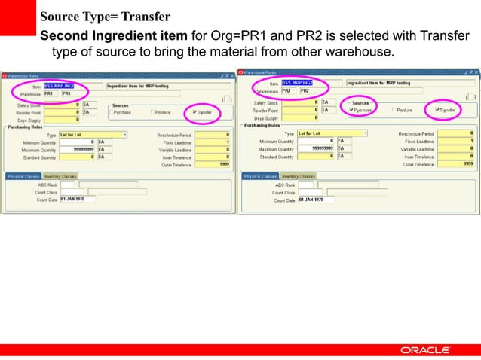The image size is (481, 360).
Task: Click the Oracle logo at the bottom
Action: (426, 350)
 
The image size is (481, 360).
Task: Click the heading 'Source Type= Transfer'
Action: (105, 17)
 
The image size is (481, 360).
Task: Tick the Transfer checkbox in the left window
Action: (195, 112)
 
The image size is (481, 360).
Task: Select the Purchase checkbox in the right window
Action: (351, 110)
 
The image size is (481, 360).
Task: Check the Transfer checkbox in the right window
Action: (437, 110)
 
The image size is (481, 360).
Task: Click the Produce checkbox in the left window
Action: (154, 112)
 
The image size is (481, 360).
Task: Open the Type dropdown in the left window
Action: (124, 134)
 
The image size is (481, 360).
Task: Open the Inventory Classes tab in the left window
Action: (60, 176)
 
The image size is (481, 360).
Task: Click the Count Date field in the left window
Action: (78, 199)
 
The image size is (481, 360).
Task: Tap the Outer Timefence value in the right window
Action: (467, 163)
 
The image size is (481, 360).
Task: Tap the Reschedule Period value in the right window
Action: (467, 133)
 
